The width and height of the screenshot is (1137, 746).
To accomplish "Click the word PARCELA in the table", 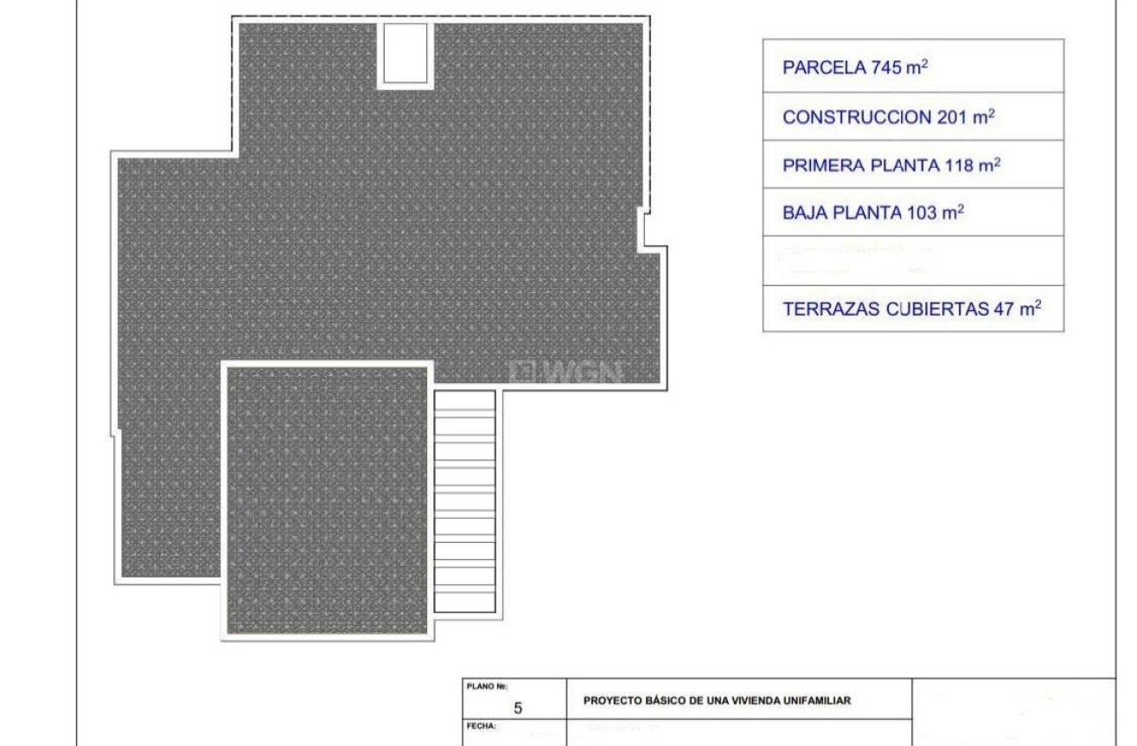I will tap(822, 68).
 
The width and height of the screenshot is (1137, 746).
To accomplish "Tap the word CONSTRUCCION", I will tap(856, 118).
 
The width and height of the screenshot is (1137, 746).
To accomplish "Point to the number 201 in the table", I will tap(952, 118).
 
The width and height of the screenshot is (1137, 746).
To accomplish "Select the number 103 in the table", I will tap(920, 213).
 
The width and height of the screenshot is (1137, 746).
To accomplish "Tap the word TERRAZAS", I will tap(831, 309).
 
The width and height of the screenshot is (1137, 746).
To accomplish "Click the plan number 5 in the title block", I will tap(518, 708).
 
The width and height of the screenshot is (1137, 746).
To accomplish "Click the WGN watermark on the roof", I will tap(567, 372).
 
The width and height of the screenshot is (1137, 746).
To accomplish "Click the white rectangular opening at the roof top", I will tap(404, 53).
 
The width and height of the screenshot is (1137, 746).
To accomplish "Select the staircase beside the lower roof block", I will tap(465, 501).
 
